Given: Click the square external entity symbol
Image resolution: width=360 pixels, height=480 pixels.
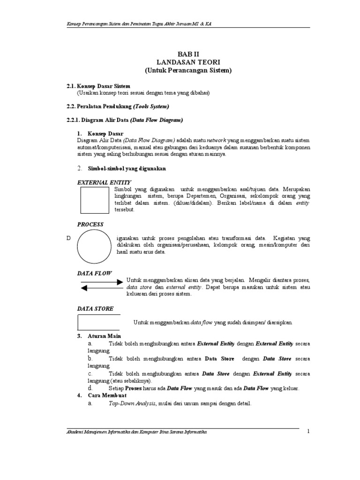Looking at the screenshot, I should click(95, 200).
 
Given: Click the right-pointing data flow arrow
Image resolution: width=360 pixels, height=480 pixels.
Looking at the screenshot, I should click(101, 282).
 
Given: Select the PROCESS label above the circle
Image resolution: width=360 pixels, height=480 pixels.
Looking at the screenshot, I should click(90, 225).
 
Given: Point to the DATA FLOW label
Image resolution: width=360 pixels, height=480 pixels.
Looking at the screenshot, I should click(94, 272).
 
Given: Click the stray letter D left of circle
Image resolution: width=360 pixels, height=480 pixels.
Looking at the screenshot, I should click(68, 239).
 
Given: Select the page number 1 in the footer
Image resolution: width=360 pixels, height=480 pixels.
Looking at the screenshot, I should click(308, 431).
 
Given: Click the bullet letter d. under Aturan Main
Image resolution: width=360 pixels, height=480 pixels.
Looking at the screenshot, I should click(90, 388).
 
